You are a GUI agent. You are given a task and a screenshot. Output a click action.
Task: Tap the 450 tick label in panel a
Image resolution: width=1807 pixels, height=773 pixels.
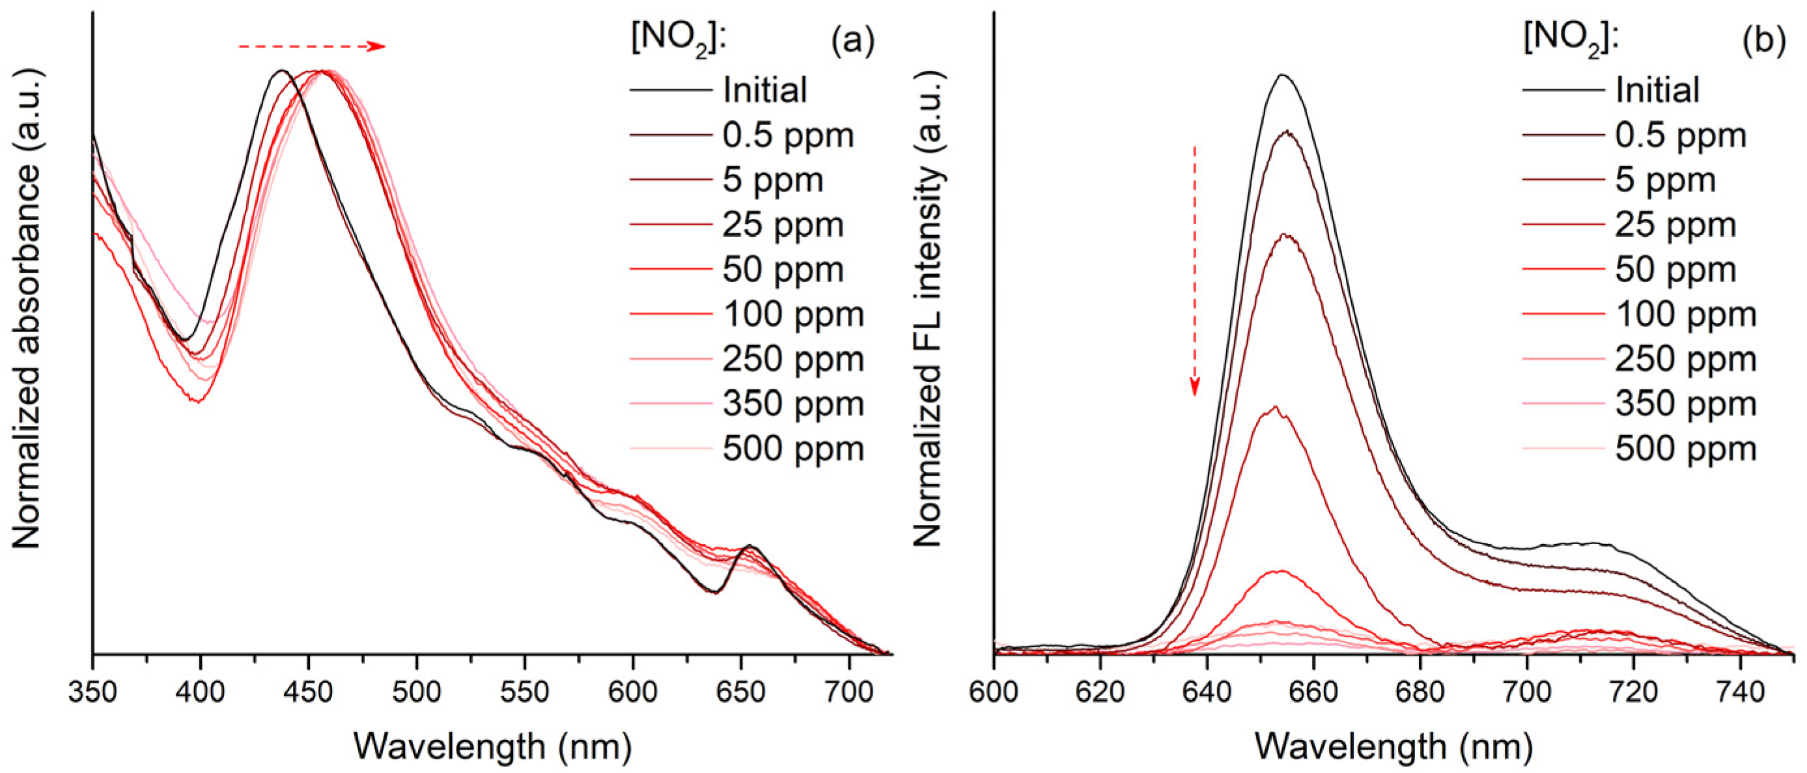pos(309,693)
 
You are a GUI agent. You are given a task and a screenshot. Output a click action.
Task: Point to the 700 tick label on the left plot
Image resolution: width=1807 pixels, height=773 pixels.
pos(848,693)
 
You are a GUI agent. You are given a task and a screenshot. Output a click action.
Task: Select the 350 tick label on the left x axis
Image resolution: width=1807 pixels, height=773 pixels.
pos(92,693)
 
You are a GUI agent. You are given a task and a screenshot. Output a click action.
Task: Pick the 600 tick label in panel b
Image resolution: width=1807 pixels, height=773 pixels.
pos(993,693)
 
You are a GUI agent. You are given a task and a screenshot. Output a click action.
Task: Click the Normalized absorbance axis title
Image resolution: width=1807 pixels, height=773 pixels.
pos(27,309)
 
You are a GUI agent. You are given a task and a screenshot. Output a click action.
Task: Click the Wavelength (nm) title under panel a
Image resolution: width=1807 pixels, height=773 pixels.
pos(492,746)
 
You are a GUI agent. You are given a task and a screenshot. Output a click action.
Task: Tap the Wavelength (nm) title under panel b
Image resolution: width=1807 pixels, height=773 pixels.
pos(1393,746)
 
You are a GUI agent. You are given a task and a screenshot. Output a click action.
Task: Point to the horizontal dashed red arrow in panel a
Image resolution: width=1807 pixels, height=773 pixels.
pos(311,46)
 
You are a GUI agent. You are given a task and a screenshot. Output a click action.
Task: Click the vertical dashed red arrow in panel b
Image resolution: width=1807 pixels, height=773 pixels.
pos(1195,270)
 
